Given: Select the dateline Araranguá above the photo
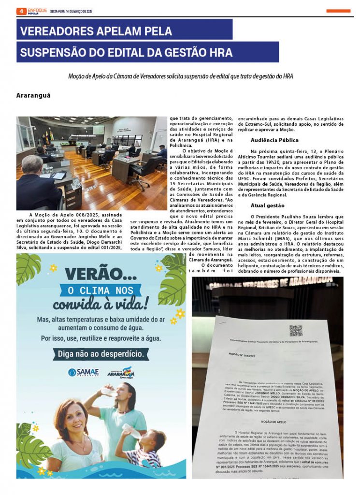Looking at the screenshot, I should pos(33,96).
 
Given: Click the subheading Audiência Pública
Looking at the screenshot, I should pos(274,140).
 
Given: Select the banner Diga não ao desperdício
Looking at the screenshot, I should pos(101,354).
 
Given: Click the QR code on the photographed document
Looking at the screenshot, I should pos(296,331).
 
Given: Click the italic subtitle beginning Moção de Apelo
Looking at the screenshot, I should pos(181,76).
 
